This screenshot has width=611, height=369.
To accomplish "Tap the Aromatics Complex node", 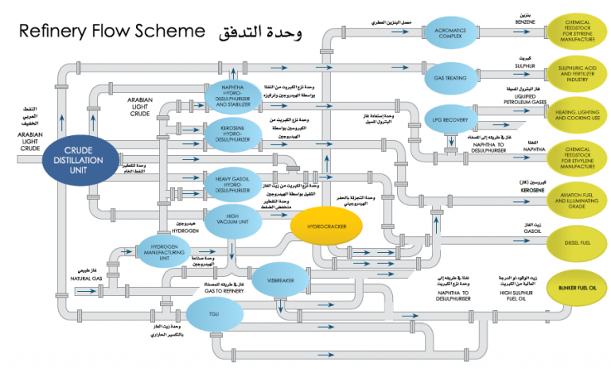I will coord(449,34).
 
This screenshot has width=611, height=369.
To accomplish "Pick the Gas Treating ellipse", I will coord(449,78).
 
